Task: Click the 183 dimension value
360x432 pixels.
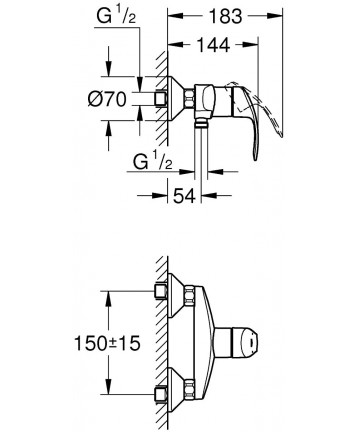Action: (225, 16)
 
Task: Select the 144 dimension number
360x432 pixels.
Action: (213, 45)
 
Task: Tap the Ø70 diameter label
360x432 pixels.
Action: (107, 99)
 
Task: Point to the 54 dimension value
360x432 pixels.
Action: (184, 195)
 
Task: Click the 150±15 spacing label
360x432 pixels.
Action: (107, 343)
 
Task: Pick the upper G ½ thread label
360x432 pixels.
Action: (116, 16)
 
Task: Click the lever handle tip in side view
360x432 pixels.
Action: (255, 157)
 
